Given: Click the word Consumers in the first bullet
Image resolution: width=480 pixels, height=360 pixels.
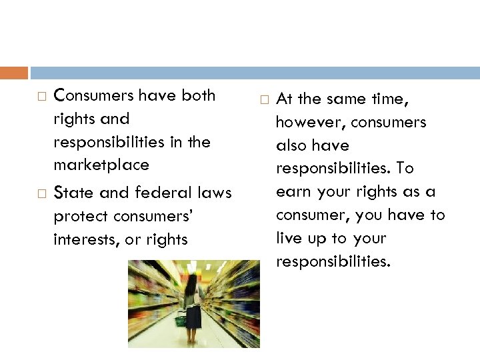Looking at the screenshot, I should click(x=88, y=95).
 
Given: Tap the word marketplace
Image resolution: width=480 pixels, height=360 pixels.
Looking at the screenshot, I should click(x=101, y=165).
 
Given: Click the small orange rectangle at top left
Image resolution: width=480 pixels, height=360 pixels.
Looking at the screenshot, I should click(x=14, y=73).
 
